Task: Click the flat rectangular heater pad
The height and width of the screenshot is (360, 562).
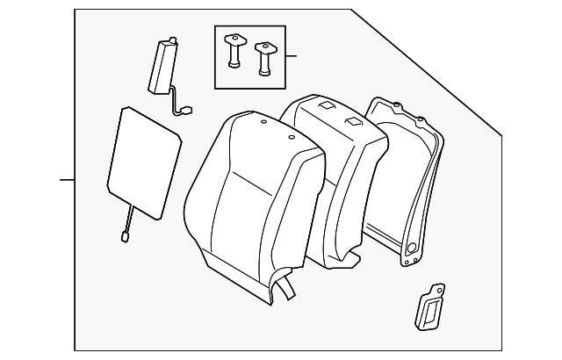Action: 143,162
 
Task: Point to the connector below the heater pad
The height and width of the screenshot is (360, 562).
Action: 123,234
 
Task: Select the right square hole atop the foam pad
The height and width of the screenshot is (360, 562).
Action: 354,121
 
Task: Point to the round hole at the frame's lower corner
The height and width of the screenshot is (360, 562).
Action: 407,260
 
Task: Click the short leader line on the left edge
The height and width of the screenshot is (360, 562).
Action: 67,180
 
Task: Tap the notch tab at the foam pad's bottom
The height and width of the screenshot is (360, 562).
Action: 355,259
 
